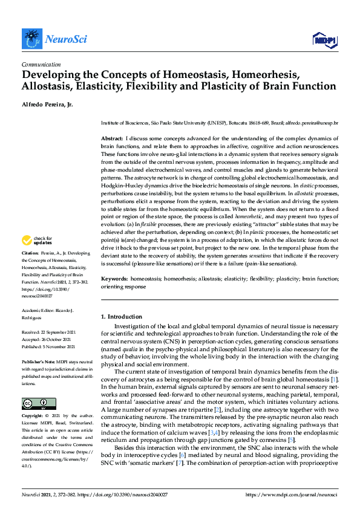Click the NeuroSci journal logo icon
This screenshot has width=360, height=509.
click(x=31, y=39)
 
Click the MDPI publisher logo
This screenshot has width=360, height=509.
click(x=324, y=41)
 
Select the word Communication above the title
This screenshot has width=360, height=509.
click(x=40, y=64)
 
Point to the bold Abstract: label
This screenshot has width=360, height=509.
click(x=112, y=138)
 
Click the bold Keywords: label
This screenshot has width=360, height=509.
click(x=114, y=279)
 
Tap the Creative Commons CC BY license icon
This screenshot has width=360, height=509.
click(x=39, y=403)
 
